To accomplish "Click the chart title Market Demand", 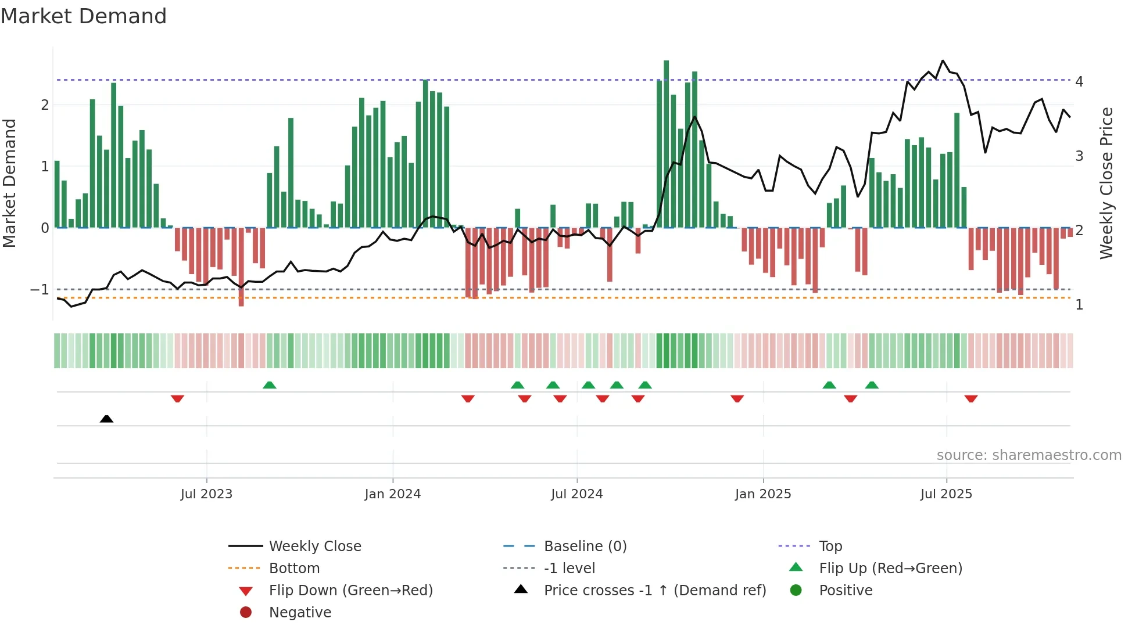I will click(x=84, y=16).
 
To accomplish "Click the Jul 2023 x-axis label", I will click(x=206, y=494).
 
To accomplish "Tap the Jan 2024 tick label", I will click(x=392, y=494).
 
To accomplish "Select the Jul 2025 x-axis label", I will click(x=946, y=494).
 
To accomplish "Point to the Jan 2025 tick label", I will click(x=762, y=494).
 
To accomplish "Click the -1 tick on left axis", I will click(x=40, y=289).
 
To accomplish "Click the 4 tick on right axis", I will click(x=1079, y=81).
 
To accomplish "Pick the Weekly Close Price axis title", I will click(x=1106, y=183).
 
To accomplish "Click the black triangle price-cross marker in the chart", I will click(x=106, y=419).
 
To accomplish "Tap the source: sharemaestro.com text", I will click(x=1029, y=455).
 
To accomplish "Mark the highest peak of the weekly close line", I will click(x=943, y=61).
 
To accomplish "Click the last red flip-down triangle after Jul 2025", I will click(x=970, y=398).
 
